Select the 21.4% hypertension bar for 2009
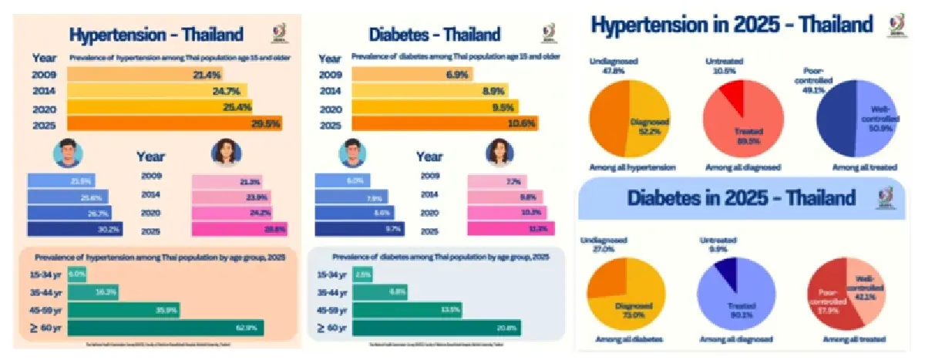coord(139,75)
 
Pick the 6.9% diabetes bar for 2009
coord(412,75)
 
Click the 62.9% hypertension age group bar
coord(165,328)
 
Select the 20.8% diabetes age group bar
coord(436,328)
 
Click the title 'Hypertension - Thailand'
coord(156,35)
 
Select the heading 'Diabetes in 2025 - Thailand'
coord(741,198)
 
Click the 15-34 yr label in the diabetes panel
coord(334,275)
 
